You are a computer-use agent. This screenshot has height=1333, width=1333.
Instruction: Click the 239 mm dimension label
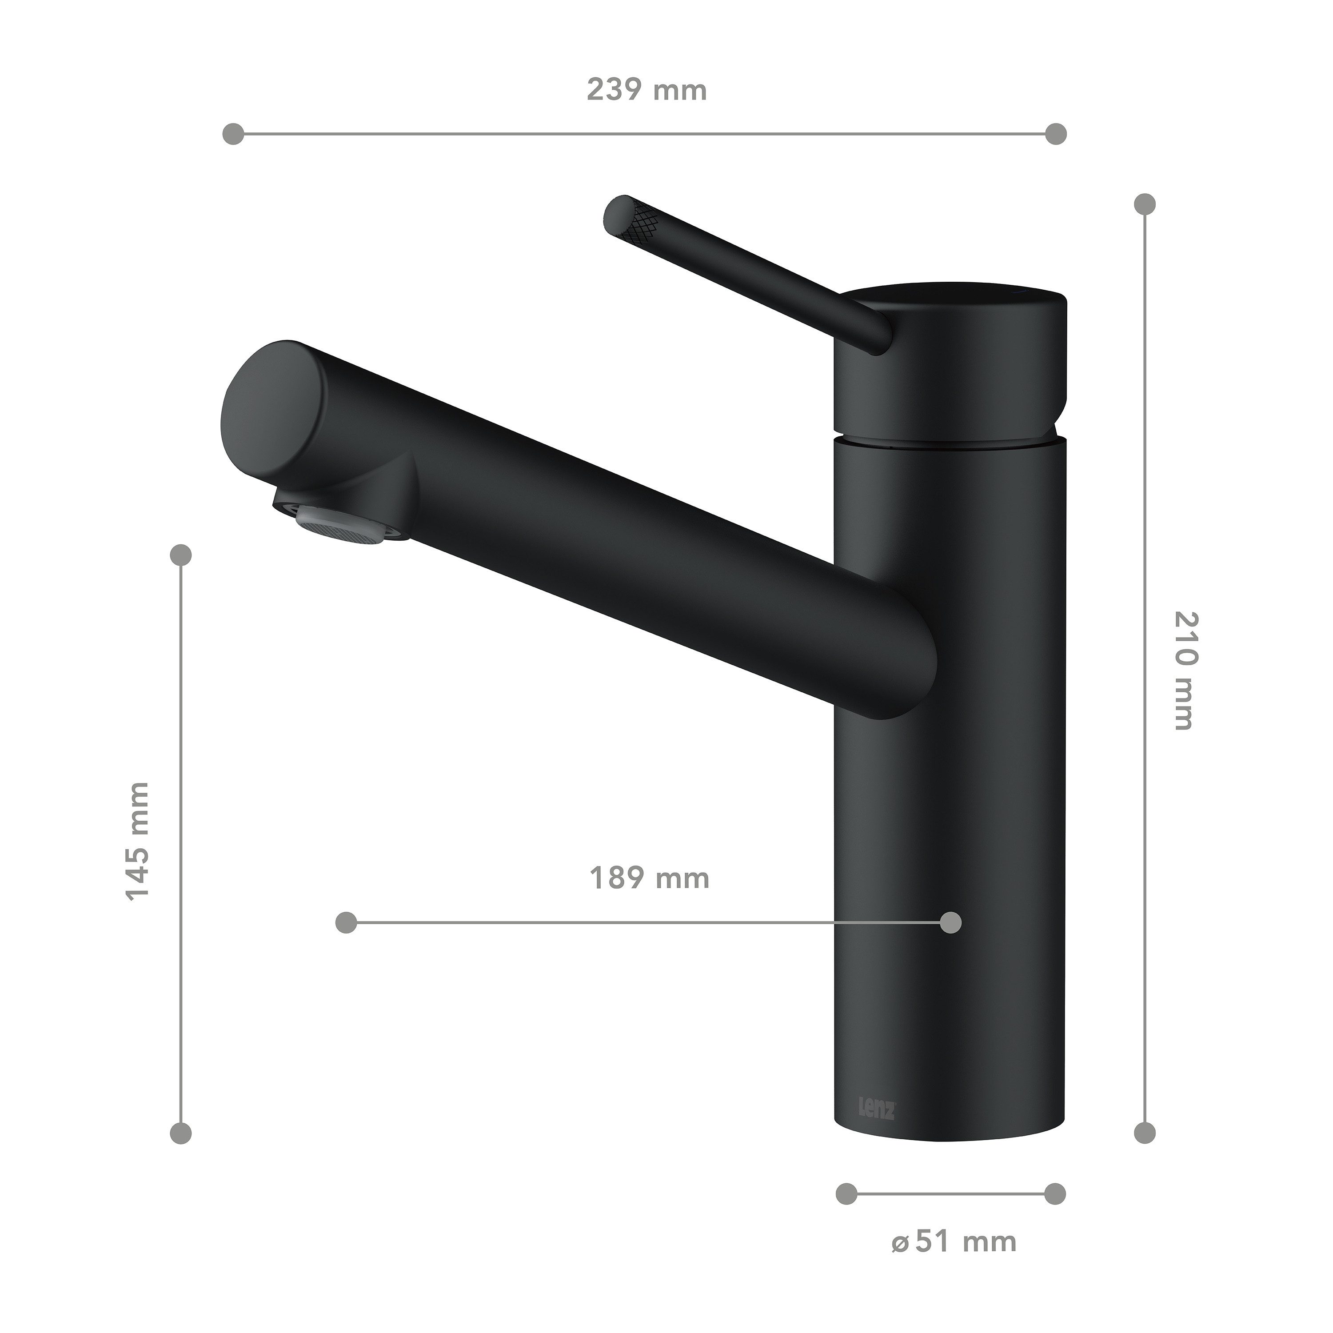647,90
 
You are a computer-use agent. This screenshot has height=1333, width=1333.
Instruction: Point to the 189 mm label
649,878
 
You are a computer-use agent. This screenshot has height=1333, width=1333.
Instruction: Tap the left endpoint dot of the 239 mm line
234,134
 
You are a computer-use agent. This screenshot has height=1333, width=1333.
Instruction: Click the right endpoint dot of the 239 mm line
1056,134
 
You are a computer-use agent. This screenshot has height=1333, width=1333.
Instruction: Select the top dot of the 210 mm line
1145,204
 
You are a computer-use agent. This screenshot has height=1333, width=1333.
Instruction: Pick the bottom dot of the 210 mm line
1145,1132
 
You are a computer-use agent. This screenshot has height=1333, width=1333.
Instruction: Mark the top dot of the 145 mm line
181,554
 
